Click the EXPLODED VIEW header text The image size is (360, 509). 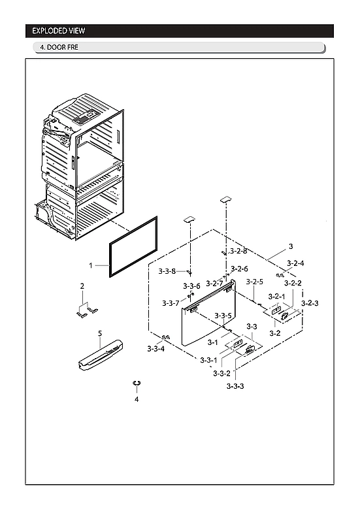(59, 31)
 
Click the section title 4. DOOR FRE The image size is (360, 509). (59, 48)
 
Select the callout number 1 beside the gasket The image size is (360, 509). (91, 265)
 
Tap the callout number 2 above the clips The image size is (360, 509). (82, 286)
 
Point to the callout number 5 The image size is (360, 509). (100, 333)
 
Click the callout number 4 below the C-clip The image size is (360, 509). (137, 399)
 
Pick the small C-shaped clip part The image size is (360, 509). (137, 383)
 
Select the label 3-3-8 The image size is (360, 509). (167, 271)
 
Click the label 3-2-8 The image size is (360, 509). (238, 251)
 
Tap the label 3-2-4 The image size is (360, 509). (295, 263)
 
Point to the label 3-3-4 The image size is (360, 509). (155, 349)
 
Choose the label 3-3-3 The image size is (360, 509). (235, 386)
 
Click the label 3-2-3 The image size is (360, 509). (310, 303)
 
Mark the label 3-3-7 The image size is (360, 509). (171, 303)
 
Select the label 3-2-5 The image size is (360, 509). (255, 282)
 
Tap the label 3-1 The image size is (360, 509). (212, 342)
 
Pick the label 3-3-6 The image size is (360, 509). (191, 286)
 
